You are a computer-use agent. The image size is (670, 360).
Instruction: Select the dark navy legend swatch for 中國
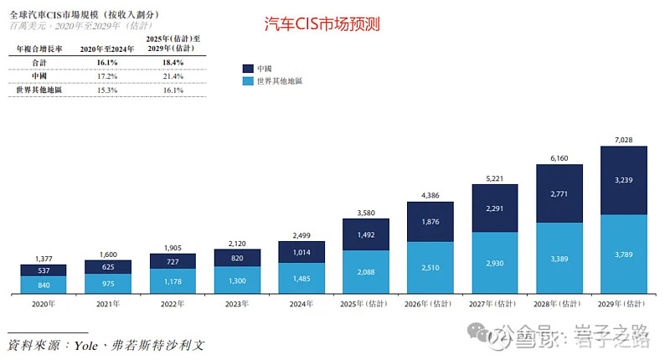tap(248, 68)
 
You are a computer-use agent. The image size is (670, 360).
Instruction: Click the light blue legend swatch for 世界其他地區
tap(248, 82)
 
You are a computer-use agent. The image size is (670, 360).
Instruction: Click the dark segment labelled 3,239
tap(624, 180)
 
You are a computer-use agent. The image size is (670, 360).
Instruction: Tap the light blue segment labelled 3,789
tap(624, 255)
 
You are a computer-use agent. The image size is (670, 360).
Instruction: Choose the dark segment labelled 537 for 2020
tap(44, 270)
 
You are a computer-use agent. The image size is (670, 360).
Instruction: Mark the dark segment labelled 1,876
tap(430, 222)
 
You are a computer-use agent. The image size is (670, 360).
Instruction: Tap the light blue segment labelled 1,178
tap(173, 282)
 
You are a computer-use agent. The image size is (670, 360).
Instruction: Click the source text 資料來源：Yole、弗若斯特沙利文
tap(106, 345)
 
